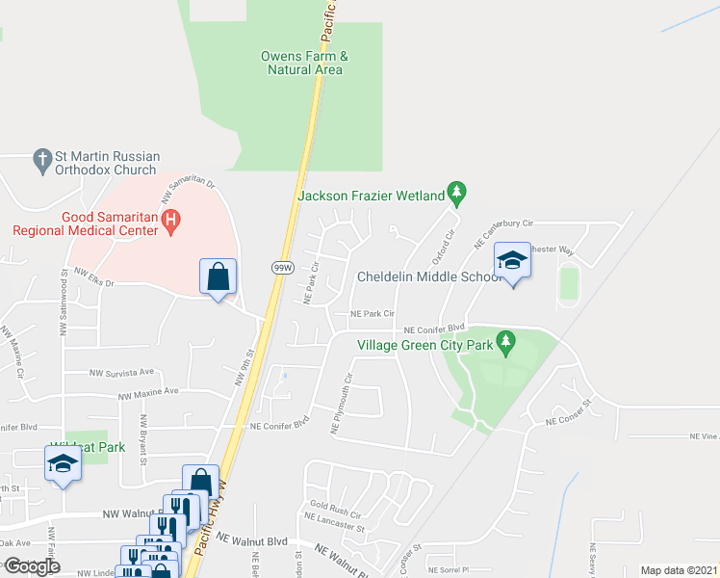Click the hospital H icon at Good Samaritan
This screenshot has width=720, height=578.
(171, 223)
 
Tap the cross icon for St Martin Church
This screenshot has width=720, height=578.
(41, 159)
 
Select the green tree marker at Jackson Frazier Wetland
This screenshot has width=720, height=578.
(457, 195)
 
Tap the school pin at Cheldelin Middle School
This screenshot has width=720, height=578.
(512, 260)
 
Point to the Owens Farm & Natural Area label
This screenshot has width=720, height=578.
(303, 63)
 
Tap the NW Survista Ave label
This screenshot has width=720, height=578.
(121, 372)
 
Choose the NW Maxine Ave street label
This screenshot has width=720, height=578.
(149, 392)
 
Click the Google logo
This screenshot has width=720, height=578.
(32, 565)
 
